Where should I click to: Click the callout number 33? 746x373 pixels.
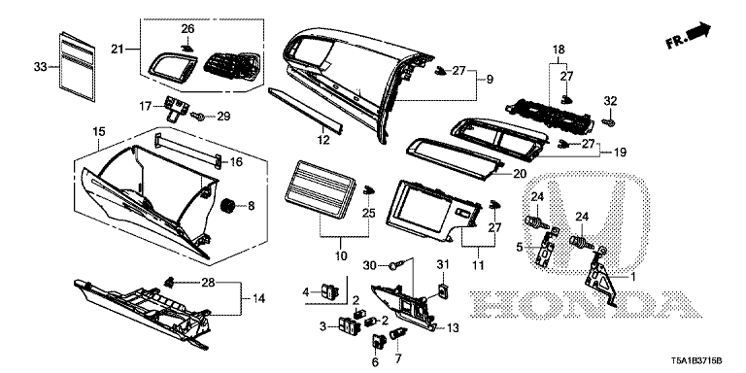point(40,66)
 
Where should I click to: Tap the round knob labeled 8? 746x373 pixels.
point(231,205)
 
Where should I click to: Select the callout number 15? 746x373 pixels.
point(98,131)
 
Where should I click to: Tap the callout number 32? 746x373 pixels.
point(610,101)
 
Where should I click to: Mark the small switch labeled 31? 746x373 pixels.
point(443,288)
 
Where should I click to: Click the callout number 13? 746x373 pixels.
point(452,328)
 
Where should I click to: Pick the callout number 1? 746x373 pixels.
point(635,278)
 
